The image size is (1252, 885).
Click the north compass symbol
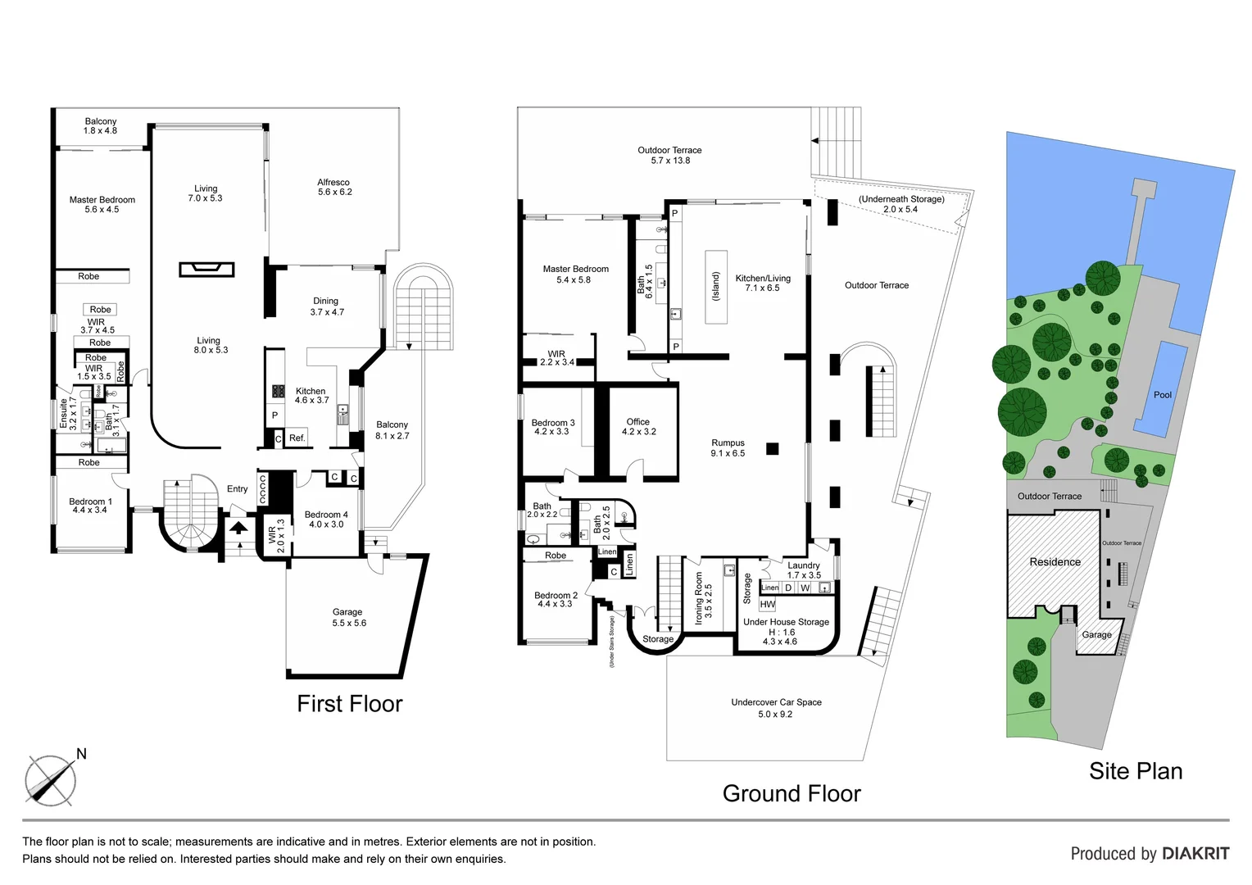(51, 778)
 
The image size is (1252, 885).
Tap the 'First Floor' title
(350, 704)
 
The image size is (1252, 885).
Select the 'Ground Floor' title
(792, 793)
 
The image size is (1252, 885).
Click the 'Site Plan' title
(1136, 771)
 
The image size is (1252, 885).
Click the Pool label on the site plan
(1163, 395)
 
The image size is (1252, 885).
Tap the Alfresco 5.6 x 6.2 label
(334, 188)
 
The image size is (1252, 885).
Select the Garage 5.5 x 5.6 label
(348, 618)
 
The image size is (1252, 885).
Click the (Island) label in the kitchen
(715, 287)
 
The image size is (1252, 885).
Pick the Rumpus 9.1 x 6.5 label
(728, 448)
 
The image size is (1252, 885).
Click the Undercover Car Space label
(776, 708)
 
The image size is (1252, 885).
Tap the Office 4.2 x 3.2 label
(638, 427)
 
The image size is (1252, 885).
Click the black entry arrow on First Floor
(238, 528)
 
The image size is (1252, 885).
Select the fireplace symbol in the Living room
(206, 269)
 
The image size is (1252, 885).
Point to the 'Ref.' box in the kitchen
(297, 438)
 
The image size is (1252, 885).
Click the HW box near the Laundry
(767, 605)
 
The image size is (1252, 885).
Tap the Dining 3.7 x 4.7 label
(326, 306)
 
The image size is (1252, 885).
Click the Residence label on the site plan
(1055, 562)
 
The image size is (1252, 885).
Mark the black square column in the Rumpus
(772, 448)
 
